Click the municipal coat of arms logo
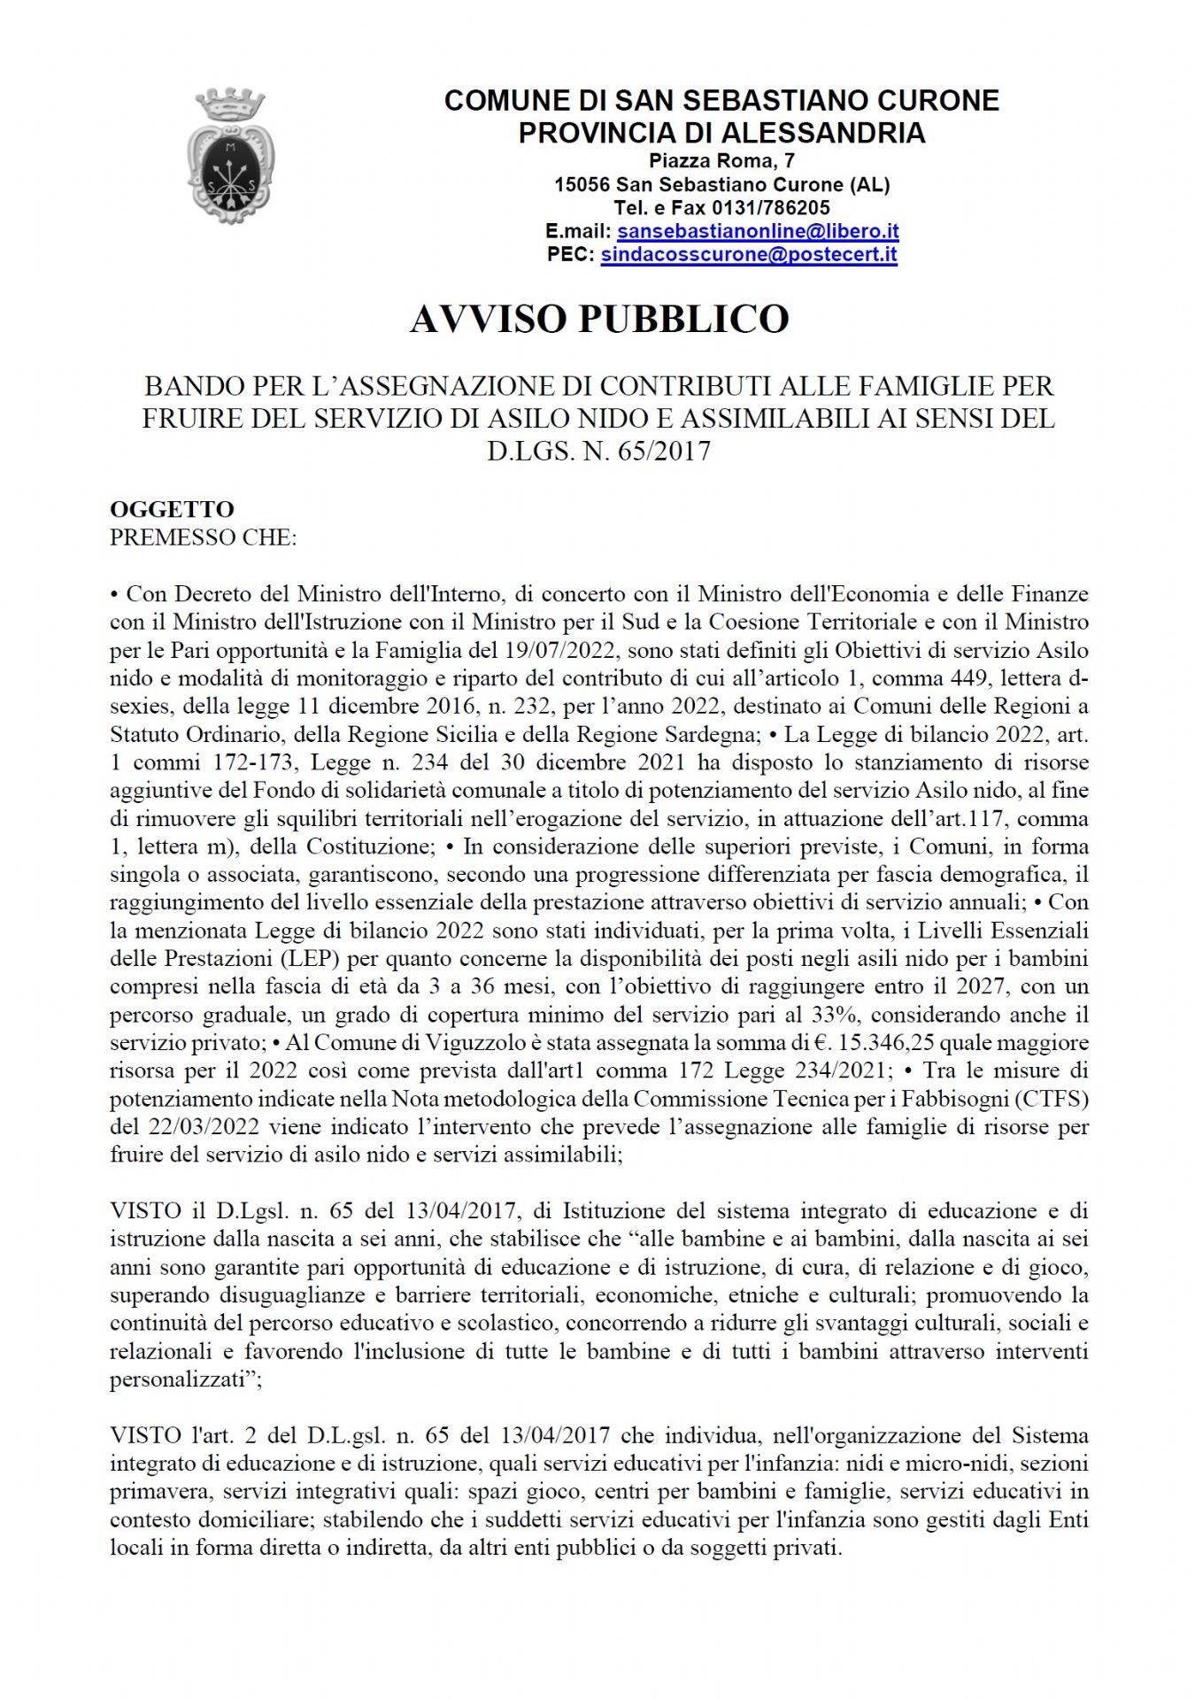(230, 151)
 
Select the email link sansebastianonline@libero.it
(758, 231)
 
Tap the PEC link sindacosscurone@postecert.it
(749, 255)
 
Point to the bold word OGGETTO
(172, 509)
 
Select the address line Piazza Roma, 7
(721, 161)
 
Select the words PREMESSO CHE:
(203, 537)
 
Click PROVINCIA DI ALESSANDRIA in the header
(721, 133)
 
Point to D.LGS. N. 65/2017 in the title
(598, 451)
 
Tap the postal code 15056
(582, 185)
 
